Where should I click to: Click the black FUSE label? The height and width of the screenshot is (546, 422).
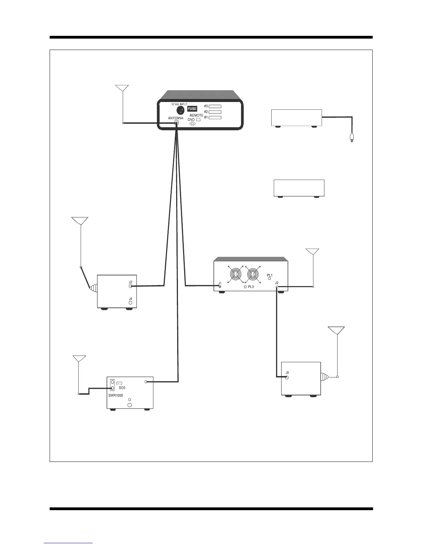click(192, 109)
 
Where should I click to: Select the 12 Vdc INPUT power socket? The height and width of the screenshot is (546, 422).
click(180, 110)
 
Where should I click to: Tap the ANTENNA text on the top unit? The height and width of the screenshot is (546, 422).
click(175, 118)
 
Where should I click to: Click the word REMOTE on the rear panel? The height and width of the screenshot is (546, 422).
click(197, 115)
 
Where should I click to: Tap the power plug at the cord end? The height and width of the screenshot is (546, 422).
click(352, 138)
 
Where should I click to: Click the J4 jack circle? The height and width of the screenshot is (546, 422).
click(130, 303)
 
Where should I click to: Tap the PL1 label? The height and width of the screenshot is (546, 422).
click(270, 275)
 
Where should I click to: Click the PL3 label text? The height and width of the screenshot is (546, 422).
click(251, 287)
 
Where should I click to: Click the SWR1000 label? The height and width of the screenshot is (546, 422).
click(115, 395)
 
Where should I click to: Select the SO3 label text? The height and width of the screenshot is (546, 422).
click(122, 388)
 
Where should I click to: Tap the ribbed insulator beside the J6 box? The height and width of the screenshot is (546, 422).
click(324, 377)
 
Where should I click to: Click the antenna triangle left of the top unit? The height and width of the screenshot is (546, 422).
click(122, 88)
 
